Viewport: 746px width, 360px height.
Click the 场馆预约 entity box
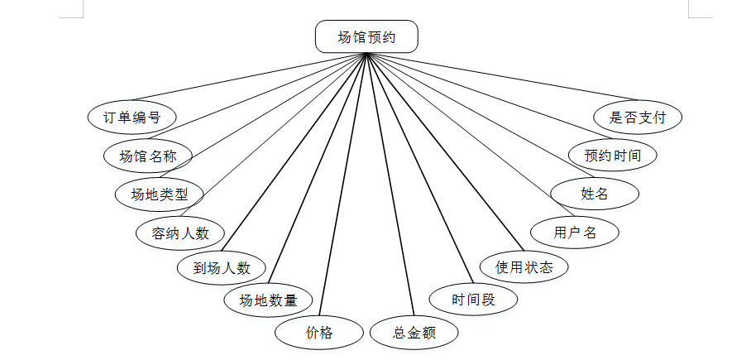point(366,37)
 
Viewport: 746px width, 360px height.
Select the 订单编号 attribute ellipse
point(132,118)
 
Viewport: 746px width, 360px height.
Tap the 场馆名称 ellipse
point(148,156)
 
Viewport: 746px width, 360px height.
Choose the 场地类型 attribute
point(160,194)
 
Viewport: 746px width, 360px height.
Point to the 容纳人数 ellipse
point(179,233)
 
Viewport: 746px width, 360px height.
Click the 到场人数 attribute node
point(222,268)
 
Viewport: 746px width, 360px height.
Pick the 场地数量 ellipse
point(268,300)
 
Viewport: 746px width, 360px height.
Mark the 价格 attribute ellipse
point(318,333)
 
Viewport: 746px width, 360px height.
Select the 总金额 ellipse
point(414,333)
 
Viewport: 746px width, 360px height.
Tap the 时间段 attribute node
point(473,300)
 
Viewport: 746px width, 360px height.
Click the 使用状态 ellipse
point(524,267)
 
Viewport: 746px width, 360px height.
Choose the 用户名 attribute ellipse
point(575,233)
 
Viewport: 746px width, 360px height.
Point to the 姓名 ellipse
point(595,194)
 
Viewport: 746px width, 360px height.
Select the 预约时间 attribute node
point(613,155)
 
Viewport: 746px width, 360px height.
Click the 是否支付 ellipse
point(638,117)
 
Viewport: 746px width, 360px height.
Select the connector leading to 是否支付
point(496,75)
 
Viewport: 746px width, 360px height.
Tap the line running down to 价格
point(342,186)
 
